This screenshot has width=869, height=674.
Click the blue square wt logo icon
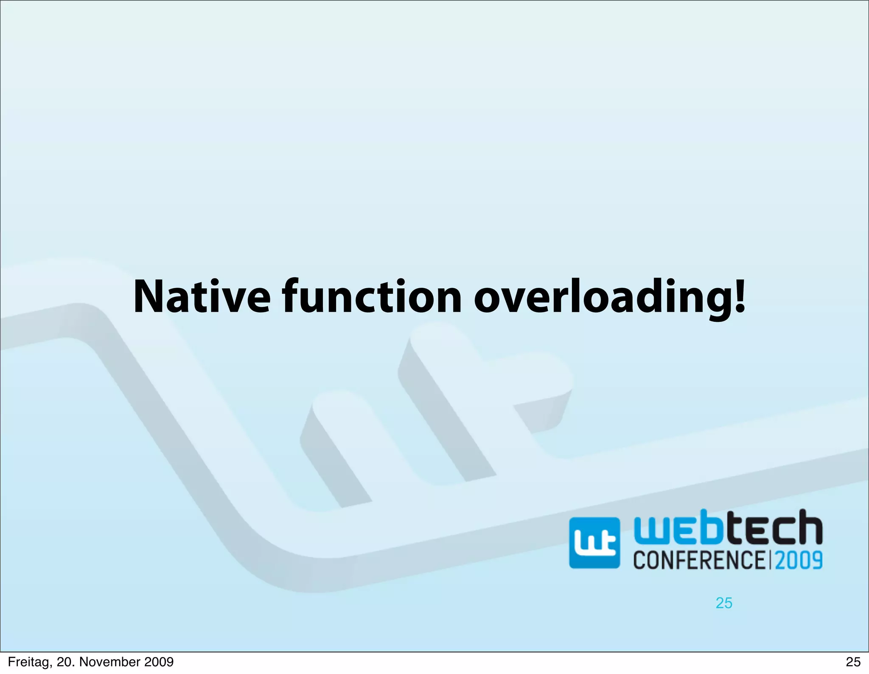tap(594, 543)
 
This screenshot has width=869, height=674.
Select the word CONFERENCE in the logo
tap(699, 560)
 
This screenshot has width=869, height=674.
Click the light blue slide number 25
tap(724, 603)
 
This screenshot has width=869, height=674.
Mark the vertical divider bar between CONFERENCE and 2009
tap(770, 560)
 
